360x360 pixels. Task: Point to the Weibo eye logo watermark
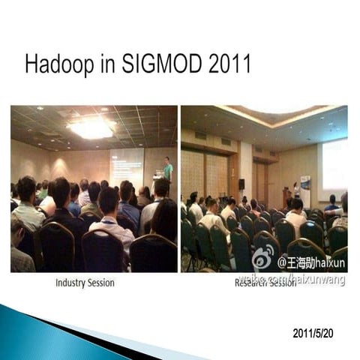[x=263, y=259]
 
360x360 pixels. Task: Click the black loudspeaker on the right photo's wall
[x=241, y=184]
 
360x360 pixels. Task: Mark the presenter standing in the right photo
[x=296, y=189]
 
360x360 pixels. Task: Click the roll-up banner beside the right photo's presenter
[x=305, y=188]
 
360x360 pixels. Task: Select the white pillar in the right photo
[x=246, y=172]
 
